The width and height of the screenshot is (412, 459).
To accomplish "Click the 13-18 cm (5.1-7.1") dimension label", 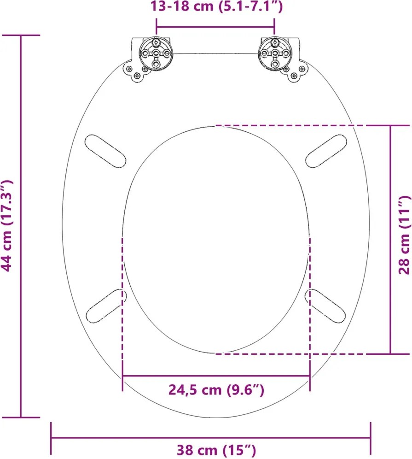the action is coord(216,6).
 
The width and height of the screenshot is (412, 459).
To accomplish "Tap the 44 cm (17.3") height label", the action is coord(6,226).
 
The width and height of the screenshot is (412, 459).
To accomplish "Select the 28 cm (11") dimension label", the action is coord(405,235).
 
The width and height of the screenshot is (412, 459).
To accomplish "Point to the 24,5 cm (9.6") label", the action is coord(216,389).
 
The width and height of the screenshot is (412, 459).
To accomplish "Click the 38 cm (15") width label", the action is coord(216,449).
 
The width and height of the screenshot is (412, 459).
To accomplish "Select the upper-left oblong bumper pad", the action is coord(105,151).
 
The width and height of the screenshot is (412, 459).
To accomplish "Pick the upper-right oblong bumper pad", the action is coord(326,151).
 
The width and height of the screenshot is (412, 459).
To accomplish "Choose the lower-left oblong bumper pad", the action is coord(106,306).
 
